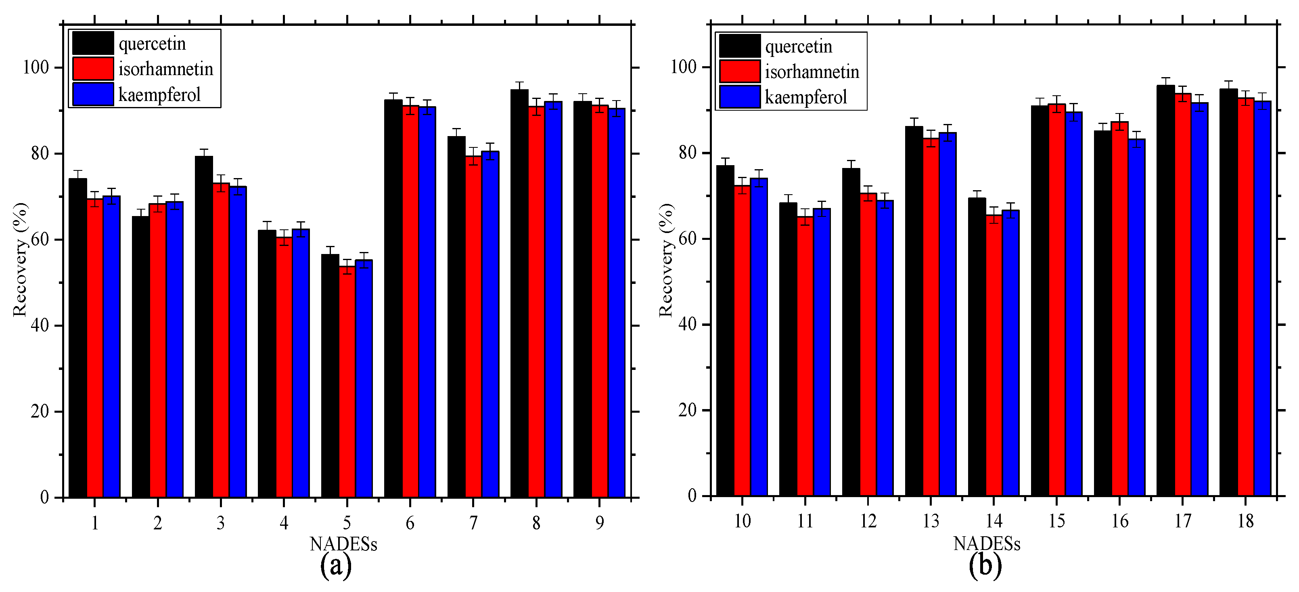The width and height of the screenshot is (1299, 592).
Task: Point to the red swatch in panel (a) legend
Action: point(93,69)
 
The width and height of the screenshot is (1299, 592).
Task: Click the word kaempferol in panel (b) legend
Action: point(805,97)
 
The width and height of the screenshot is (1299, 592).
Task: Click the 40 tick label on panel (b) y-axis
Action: point(687,324)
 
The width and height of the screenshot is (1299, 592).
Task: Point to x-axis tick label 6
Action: point(410,523)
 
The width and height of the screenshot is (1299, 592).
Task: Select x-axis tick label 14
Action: point(994,521)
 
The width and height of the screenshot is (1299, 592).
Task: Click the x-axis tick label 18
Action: point(1246,521)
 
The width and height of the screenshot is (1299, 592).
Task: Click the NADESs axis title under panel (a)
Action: point(343,544)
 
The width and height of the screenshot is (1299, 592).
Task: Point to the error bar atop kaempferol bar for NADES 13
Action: point(948,132)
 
